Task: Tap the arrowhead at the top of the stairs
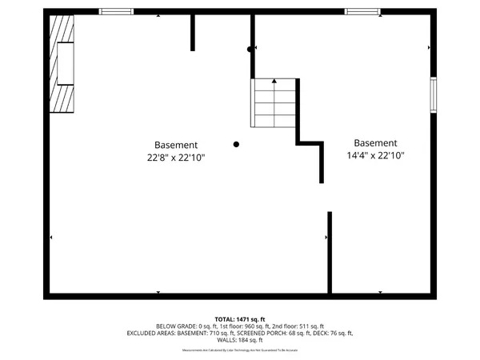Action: click(275, 81)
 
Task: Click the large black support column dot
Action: click(236, 144)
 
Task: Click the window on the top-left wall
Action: click(116, 11)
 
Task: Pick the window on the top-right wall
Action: click(362, 11)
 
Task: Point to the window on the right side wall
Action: click(434, 94)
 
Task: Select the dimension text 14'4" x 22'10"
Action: click(375, 156)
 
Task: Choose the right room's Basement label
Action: click(375, 143)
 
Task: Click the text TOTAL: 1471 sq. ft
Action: click(240, 318)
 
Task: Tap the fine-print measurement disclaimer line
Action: click(240, 350)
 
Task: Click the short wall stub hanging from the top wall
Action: click(193, 31)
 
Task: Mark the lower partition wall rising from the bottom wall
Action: click(330, 252)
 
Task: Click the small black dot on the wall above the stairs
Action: click(250, 49)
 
